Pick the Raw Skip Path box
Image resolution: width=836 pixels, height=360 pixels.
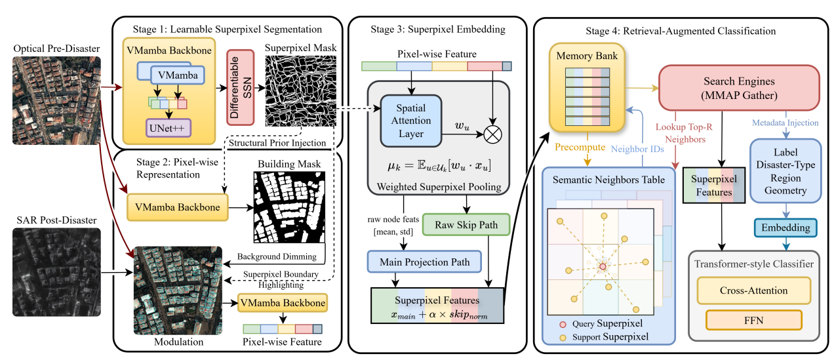[x=467, y=225]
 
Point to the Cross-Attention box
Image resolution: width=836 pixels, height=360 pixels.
[x=753, y=289]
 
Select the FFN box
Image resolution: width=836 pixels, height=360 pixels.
[x=753, y=319]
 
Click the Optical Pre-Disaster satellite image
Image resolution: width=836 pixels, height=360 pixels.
[x=56, y=100]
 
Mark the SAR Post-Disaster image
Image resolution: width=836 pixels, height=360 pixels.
[x=56, y=272]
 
